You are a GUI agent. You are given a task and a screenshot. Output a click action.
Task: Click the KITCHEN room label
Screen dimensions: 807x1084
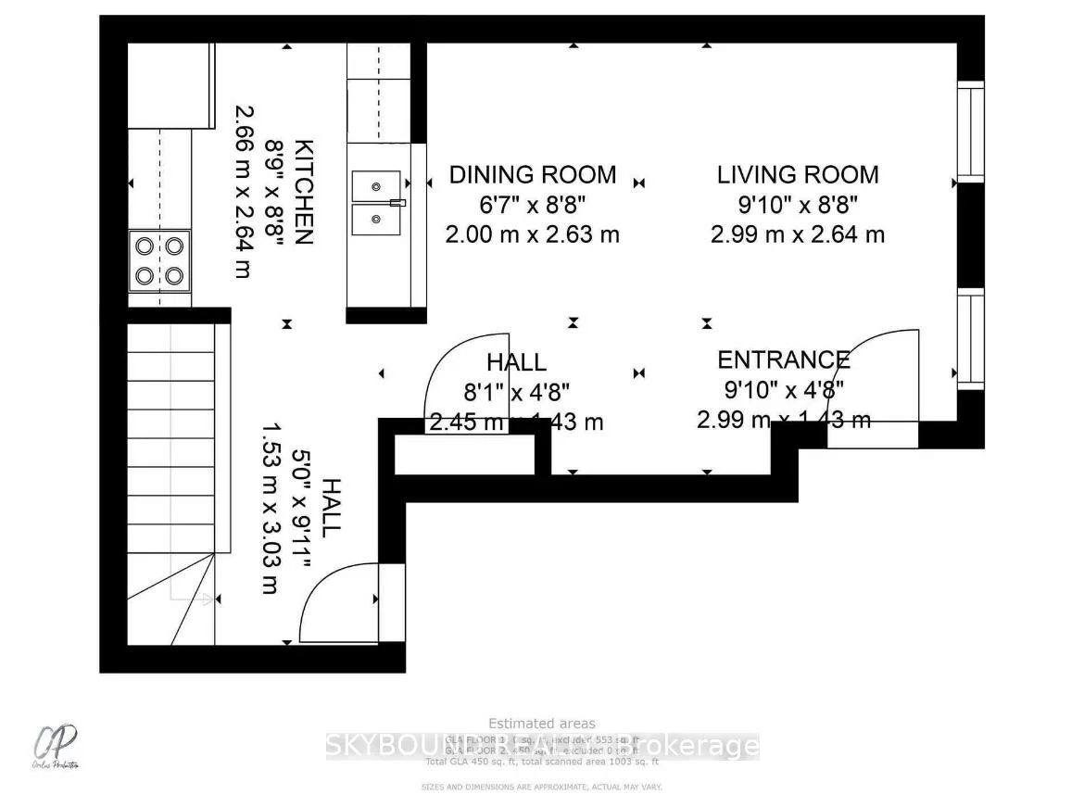(x=303, y=192)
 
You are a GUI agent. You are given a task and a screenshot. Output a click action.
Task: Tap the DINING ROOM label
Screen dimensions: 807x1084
(x=532, y=174)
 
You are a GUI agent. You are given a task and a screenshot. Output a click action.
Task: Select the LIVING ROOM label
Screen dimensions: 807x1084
(x=797, y=174)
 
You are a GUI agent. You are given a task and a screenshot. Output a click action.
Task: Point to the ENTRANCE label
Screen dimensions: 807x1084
(x=783, y=359)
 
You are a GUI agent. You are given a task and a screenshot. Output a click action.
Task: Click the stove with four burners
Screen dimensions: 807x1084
(x=159, y=261)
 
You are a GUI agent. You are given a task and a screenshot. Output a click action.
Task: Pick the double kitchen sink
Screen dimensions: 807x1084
(x=376, y=202)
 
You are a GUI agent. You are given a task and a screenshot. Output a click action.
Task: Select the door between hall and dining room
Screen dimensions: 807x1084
(x=463, y=375)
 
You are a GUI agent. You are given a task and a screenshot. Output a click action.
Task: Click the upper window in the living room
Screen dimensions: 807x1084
(x=970, y=132)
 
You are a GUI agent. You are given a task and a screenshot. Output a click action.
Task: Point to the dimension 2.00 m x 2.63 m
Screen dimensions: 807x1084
(x=532, y=234)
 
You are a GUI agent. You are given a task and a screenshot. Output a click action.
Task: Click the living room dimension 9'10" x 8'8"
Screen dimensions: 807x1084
(x=797, y=204)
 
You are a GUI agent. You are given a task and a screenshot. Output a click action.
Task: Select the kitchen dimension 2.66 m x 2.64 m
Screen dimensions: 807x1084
(x=243, y=192)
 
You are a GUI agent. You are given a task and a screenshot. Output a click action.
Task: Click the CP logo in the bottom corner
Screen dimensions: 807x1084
(x=57, y=745)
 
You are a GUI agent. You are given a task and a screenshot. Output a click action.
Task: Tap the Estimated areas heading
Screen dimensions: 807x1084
(x=542, y=724)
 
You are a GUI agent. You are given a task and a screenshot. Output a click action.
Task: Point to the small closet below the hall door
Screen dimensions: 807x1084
(x=465, y=454)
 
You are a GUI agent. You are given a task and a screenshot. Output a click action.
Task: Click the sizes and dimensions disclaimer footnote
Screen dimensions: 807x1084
(x=542, y=787)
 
